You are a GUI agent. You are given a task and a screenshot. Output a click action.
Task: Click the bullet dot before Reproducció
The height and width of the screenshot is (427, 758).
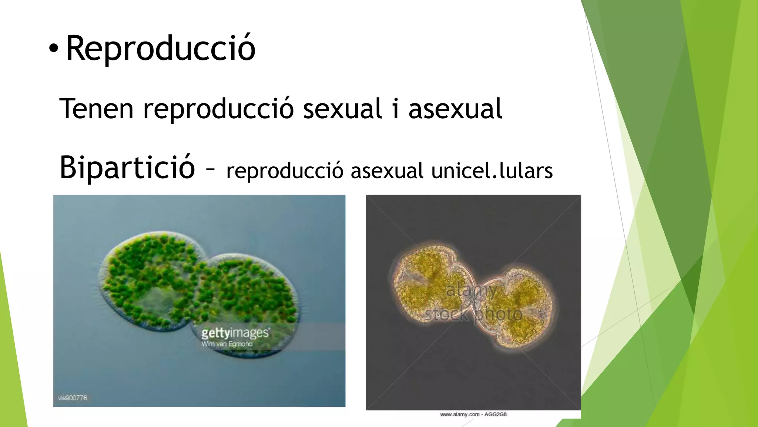click(53, 49)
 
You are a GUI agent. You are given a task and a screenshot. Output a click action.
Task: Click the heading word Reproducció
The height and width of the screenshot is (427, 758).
click(161, 48)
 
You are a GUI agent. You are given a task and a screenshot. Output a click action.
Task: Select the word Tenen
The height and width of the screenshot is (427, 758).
click(96, 109)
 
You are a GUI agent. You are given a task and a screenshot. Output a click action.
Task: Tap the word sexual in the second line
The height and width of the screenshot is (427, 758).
click(342, 109)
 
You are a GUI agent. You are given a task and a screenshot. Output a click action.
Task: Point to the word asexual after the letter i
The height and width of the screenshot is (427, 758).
click(455, 109)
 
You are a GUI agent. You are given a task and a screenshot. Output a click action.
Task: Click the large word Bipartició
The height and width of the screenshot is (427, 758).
click(127, 168)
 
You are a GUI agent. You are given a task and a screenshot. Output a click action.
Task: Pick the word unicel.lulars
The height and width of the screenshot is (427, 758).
click(492, 171)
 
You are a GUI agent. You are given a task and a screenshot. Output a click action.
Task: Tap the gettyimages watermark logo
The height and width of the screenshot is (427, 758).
click(235, 333)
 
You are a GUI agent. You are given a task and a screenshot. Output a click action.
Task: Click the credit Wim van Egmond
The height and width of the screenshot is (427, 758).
click(227, 344)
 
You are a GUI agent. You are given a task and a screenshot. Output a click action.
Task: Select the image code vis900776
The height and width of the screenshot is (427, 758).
click(73, 398)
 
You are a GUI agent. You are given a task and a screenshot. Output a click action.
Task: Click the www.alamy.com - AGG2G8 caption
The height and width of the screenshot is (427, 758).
click(473, 414)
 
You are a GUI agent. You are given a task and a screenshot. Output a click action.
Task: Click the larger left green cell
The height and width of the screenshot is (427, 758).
click(148, 282)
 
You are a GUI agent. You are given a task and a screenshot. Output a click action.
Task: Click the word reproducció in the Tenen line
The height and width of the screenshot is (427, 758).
click(218, 109)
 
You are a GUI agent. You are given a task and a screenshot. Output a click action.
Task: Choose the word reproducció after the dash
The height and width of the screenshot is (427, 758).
click(285, 171)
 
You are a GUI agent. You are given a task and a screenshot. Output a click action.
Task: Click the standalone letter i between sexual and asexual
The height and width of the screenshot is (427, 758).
click(396, 109)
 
